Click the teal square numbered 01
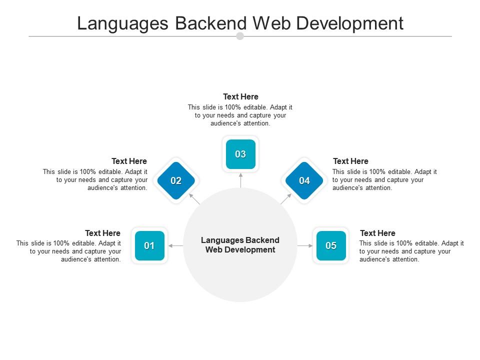coord(149,245)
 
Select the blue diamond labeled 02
coord(176,180)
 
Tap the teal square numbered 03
coord(240,154)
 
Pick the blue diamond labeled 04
coord(304,180)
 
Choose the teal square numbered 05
coord(331,245)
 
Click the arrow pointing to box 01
coord(175,245)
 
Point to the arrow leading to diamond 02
coord(194,198)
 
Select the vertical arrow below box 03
coord(240,180)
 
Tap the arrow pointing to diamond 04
coord(286,198)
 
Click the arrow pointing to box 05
coord(305,245)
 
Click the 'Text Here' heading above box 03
coord(240,96)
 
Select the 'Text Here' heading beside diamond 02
coord(129,161)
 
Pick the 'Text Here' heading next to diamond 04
coord(351,161)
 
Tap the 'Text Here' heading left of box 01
coord(102,233)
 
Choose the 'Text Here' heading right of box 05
coord(378,233)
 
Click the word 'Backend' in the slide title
coord(211,23)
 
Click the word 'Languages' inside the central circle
coord(222,240)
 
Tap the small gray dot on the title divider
coord(240,36)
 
